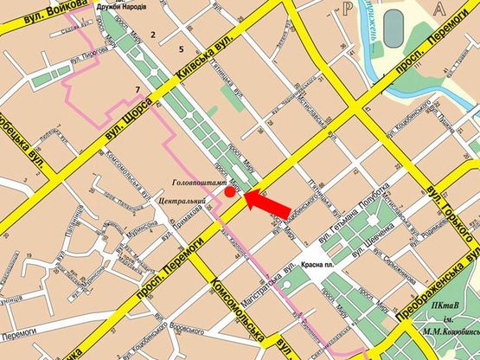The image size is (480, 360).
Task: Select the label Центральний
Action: [x=170, y=201]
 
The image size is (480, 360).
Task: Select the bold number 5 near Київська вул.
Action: [x=182, y=48]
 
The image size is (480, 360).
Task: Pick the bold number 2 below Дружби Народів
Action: [x=153, y=35]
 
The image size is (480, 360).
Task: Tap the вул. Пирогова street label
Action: [x=88, y=52]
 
